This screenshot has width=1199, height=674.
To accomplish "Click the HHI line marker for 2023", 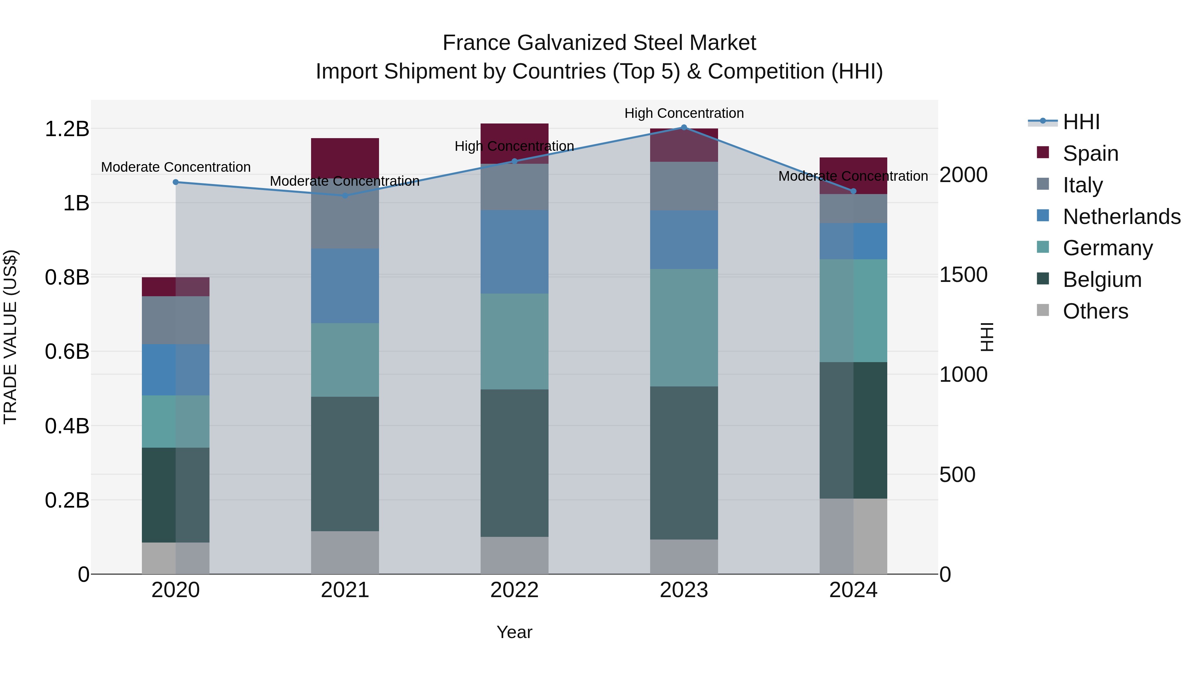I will point(684,127).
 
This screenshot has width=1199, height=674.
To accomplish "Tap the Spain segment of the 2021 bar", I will point(345,157).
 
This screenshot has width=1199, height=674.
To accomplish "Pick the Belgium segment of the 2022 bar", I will point(514,463).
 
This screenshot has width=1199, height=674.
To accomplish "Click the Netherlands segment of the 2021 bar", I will point(345,286).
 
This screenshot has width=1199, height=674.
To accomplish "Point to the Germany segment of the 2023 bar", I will point(684,328).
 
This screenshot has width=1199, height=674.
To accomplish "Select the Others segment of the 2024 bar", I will point(853,536).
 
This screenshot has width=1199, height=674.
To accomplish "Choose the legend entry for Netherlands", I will point(1122,217).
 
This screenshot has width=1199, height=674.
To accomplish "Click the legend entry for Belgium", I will point(1102,280).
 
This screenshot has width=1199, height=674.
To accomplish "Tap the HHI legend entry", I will point(1081,122).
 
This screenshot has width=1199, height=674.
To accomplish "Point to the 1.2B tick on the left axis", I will point(67,129).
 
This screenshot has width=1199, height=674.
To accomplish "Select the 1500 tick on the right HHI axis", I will point(963,275).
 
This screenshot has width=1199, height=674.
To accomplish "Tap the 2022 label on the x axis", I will point(514,590).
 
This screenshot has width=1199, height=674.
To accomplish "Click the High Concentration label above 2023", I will point(684,113).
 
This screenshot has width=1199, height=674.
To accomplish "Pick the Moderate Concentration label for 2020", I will point(176,167).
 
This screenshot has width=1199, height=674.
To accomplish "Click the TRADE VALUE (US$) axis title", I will point(10,337).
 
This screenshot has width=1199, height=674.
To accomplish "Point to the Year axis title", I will point(514,632).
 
